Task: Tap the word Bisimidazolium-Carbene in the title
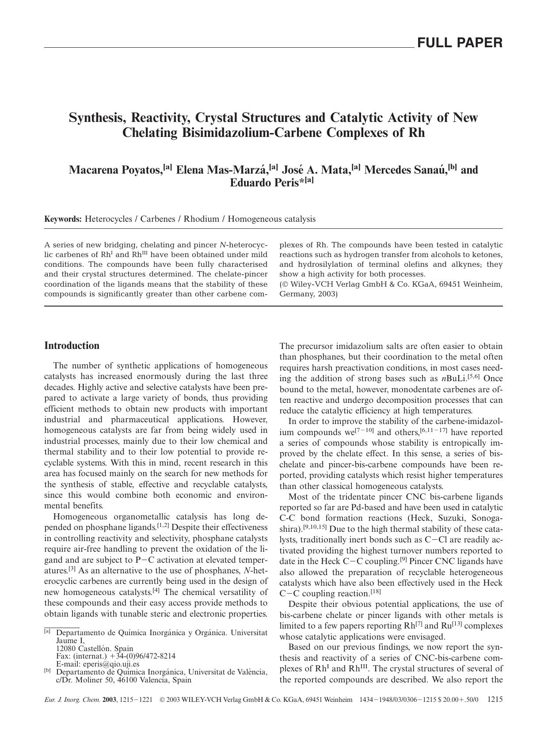tap(254, 133)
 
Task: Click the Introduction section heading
tap(72, 346)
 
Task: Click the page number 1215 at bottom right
tap(495, 700)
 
